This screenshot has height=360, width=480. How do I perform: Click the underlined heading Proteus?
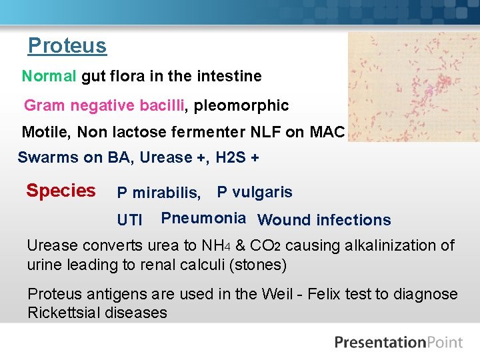coord(67,46)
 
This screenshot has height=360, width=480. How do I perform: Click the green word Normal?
coord(49,76)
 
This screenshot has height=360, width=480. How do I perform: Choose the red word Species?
coord(61,191)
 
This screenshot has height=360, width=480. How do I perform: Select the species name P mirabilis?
coord(159,193)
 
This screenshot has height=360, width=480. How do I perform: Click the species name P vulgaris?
coord(255,192)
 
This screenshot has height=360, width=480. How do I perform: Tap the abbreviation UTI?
coord(129,220)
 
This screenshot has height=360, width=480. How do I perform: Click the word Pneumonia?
coord(203,218)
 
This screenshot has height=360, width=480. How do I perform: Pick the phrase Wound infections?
coord(324,220)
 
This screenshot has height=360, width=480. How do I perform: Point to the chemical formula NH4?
coord(217,245)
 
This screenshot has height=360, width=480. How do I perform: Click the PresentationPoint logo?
coord(398,343)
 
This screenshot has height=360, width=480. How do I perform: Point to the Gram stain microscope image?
coord(413,86)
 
